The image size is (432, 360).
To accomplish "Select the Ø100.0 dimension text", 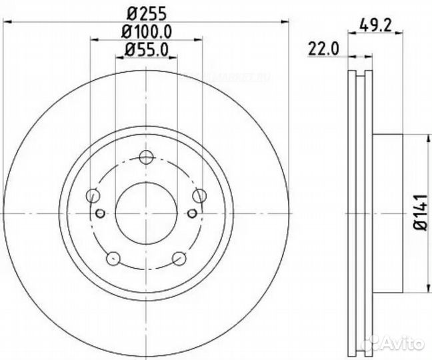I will pyautogui.click(x=146, y=31).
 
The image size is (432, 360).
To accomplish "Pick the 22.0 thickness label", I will pyautogui.click(x=325, y=48).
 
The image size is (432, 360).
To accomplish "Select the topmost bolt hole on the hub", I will pyautogui.click(x=146, y=157).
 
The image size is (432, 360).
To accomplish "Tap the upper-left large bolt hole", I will pyautogui.click(x=93, y=195).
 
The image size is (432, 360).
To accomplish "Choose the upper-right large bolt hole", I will pyautogui.click(x=199, y=195).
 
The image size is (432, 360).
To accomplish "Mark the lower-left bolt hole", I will pyautogui.click(x=113, y=258).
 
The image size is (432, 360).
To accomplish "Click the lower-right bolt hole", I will pyautogui.click(x=179, y=258).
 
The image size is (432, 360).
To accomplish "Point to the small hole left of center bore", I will pyautogui.click(x=100, y=213).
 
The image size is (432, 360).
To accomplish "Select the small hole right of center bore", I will pyautogui.click(x=192, y=213).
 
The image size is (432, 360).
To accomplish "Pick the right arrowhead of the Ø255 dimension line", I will pyautogui.click(x=285, y=23).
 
